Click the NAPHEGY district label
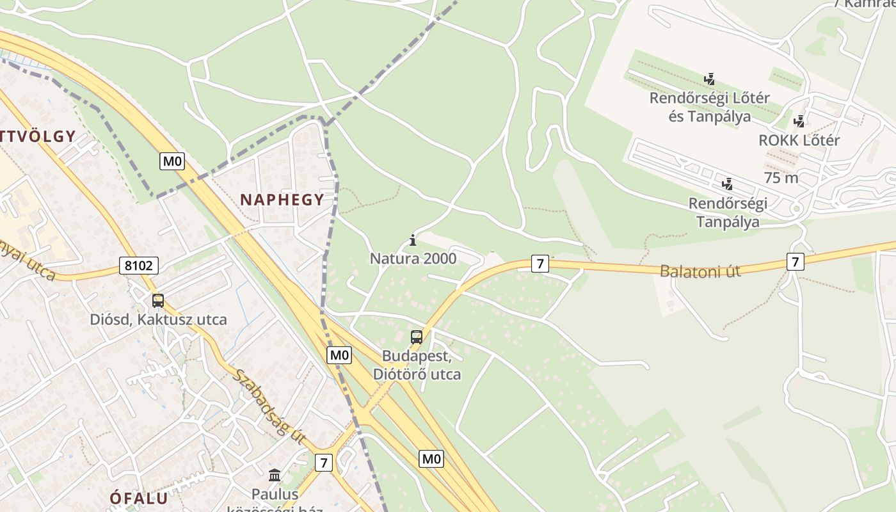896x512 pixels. click(x=282, y=200)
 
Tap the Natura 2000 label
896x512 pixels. click(x=413, y=259)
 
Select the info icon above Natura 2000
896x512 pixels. click(x=413, y=241)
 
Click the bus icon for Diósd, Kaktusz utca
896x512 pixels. click(x=157, y=300)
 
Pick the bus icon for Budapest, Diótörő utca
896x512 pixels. click(x=417, y=337)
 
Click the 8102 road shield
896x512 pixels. click(x=138, y=266)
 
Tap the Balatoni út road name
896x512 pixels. click(x=700, y=271)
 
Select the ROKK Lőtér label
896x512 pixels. click(x=799, y=140)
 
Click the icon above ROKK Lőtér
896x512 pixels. click(x=799, y=121)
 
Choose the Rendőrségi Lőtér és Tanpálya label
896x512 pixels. click(x=709, y=108)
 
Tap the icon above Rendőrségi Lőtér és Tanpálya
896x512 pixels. click(x=709, y=79)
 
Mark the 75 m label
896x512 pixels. click(x=781, y=178)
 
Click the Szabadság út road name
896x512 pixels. click(x=267, y=406)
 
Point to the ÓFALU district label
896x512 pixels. click(x=138, y=498)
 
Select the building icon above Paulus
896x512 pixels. click(x=275, y=475)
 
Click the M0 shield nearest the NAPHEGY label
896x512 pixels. click(x=172, y=161)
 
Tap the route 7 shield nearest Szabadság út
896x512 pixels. click(x=324, y=462)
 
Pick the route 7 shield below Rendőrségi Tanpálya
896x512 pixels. click(x=795, y=262)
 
